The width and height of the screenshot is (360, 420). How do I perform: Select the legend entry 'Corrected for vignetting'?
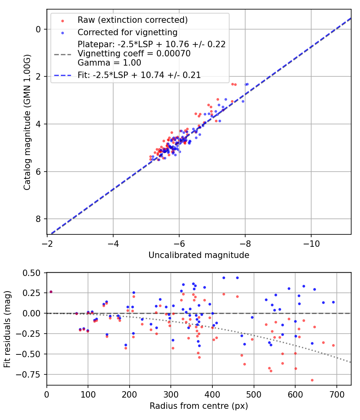pyautogui.click(x=128, y=32)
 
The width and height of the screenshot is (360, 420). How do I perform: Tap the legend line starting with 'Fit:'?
pyautogui.click(x=139, y=75)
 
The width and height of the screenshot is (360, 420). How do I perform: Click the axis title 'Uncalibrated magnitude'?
pyautogui.click(x=199, y=255)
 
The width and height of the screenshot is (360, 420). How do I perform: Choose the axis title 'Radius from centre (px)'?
pyautogui.click(x=199, y=406)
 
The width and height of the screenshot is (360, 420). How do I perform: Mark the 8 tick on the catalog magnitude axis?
pyautogui.click(x=38, y=219)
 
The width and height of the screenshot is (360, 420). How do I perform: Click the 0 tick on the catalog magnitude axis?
pyautogui.click(x=38, y=29)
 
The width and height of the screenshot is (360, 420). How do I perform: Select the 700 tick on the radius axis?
pyautogui.click(x=336, y=394)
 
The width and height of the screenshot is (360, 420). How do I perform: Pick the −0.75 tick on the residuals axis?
pyautogui.click(x=30, y=374)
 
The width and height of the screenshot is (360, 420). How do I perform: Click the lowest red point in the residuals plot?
pyautogui.click(x=312, y=380)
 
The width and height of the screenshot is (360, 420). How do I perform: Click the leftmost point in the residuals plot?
pyautogui.click(x=51, y=292)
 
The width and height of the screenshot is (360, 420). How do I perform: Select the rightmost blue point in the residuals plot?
pyautogui.click(x=333, y=302)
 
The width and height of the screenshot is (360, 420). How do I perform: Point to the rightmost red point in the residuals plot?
pyautogui.click(x=333, y=345)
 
